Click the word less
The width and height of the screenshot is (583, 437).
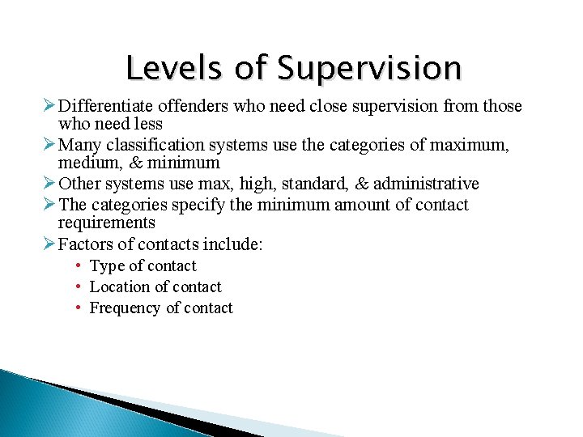[147, 124]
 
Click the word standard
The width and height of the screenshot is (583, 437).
[314, 184]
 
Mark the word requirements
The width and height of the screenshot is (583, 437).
[106, 223]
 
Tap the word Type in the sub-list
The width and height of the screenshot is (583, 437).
[106, 266]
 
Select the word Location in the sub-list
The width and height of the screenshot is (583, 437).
[120, 286]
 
